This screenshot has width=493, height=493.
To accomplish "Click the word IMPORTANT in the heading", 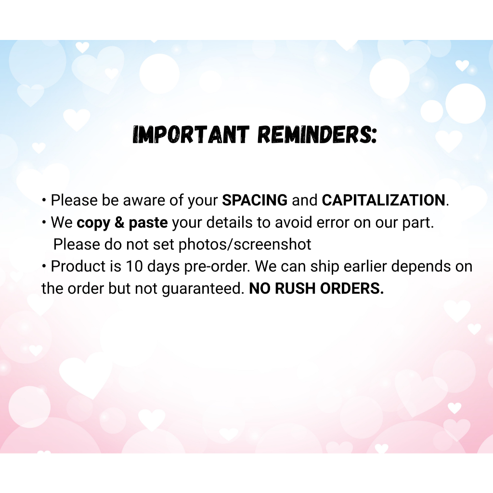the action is [191, 135].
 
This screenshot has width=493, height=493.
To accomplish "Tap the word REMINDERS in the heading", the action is [317, 135].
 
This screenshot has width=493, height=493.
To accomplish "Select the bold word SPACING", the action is [255, 200].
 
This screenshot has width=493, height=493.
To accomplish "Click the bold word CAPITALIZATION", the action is [384, 200].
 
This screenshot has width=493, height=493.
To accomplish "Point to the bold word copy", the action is [93, 223].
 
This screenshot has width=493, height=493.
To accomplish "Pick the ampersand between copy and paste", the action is [119, 222].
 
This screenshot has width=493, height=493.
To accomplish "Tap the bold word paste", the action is [148, 223].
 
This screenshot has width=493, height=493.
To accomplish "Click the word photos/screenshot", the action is [245, 245].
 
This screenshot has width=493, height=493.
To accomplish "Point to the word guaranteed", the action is [203, 289].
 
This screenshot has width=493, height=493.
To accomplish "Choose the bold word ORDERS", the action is [352, 289].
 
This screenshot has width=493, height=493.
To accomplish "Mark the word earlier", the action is [365, 267].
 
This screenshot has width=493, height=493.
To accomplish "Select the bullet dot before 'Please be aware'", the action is [44, 200].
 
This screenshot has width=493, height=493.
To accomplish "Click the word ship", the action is [325, 267].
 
